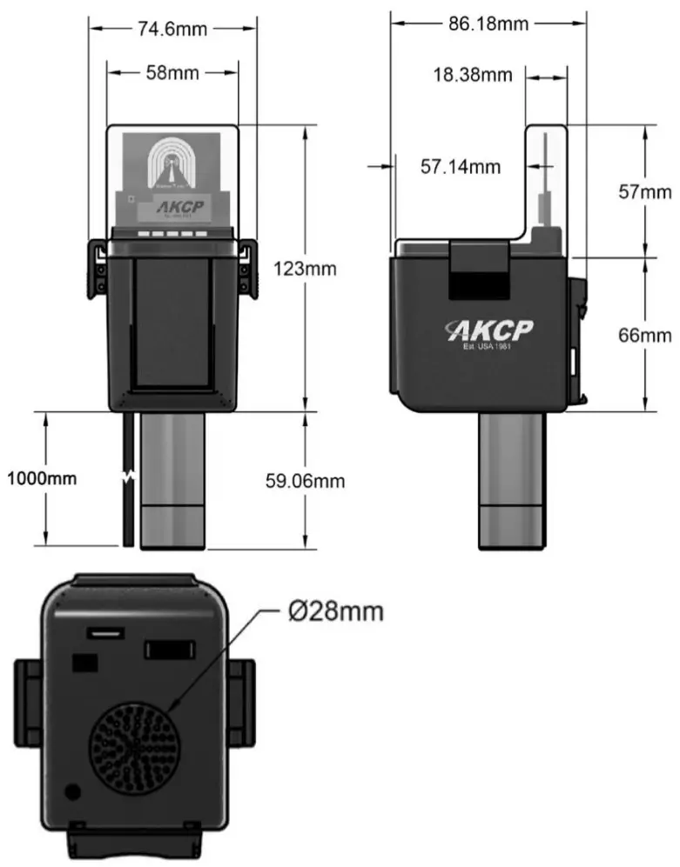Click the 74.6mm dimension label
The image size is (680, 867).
(x=172, y=29)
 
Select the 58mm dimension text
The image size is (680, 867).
(x=172, y=73)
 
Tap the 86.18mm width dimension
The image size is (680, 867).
(x=488, y=23)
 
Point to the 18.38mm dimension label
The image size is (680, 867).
(x=473, y=76)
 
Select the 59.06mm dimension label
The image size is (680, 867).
(x=305, y=480)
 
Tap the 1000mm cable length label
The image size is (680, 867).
(x=42, y=477)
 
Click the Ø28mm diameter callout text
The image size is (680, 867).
(x=335, y=611)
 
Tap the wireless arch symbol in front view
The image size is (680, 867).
(x=171, y=162)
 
